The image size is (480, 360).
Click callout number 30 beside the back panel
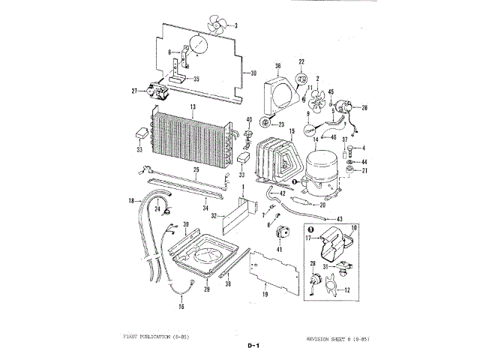pyautogui.click(x=253, y=73)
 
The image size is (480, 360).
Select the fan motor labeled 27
pyautogui.click(x=159, y=93)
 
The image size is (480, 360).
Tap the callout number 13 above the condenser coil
pyautogui.click(x=193, y=109)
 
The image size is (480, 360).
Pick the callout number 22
pyautogui.click(x=302, y=61)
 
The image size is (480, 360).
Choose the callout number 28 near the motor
pyautogui.click(x=364, y=108)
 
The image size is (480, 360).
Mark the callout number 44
pyautogui.click(x=364, y=161)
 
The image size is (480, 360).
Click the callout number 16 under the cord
pyautogui.click(x=180, y=307)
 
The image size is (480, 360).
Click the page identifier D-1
pyautogui.click(x=252, y=346)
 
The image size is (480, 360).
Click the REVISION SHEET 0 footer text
pyautogui.click(x=338, y=338)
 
